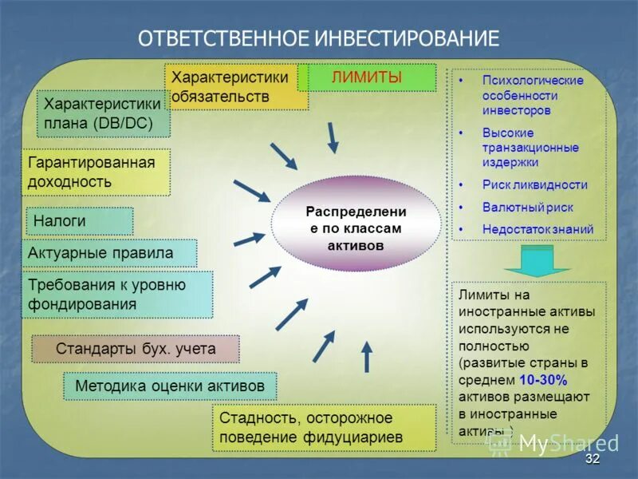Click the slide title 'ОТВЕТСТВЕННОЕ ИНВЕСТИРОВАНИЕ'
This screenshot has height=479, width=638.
(319, 38)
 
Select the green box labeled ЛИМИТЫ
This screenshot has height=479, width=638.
(368, 77)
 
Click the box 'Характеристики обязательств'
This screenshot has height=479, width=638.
(236, 87)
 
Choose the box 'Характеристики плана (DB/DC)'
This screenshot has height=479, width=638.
(104, 114)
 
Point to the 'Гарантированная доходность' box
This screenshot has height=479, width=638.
(96, 172)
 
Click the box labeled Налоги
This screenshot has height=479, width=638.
(77, 221)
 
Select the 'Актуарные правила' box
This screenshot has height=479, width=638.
(108, 253)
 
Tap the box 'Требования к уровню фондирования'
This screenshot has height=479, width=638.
(116, 295)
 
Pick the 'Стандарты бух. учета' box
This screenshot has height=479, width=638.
(136, 349)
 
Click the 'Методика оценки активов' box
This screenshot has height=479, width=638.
(170, 386)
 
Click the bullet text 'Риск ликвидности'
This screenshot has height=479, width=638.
(534, 184)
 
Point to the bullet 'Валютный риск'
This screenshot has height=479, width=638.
(527, 207)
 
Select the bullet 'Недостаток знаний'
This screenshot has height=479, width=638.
(538, 229)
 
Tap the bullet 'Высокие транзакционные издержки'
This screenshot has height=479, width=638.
(530, 147)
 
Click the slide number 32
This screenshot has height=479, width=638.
(592, 461)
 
